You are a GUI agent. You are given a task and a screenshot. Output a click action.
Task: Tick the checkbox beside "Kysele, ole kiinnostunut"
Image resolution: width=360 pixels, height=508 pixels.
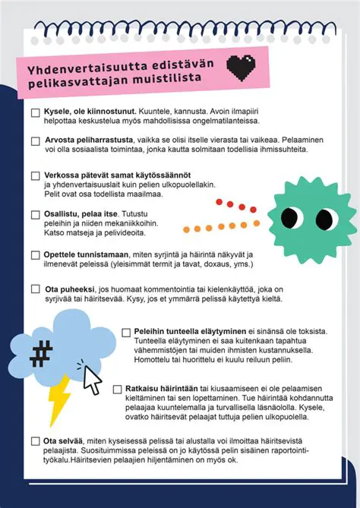pyautogui.click(x=36, y=112)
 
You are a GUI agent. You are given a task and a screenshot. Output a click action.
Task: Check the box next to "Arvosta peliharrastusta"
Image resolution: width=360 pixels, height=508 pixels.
pyautogui.click(x=36, y=141)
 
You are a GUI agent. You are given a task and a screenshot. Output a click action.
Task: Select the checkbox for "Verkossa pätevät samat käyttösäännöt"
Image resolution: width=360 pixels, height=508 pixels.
pyautogui.click(x=36, y=176)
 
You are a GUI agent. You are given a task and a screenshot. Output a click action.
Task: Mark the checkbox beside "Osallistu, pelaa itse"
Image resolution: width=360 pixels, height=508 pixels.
pyautogui.click(x=36, y=215)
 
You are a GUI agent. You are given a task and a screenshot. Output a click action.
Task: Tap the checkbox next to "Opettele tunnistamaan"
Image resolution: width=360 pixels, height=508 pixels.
pyautogui.click(x=36, y=255)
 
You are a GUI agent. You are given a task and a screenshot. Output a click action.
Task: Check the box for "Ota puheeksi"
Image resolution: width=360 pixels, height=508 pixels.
pyautogui.click(x=36, y=289)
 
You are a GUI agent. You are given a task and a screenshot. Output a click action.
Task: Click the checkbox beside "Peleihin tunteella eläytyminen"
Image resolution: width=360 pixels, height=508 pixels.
pyautogui.click(x=126, y=333)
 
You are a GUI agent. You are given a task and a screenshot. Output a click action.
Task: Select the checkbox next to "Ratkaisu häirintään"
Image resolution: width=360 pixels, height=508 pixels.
pyautogui.click(x=118, y=389)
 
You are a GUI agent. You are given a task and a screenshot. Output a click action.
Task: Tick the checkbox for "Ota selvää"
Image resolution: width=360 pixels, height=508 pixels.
pyautogui.click(x=36, y=441)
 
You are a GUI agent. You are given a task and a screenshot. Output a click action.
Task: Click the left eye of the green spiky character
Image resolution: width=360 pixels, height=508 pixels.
pyautogui.click(x=292, y=217)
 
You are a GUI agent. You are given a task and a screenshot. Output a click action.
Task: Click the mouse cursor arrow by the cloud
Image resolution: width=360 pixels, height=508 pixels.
pyautogui.click(x=92, y=380)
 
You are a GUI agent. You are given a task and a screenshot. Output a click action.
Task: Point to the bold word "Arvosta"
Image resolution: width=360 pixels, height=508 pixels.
pyautogui.click(x=62, y=140)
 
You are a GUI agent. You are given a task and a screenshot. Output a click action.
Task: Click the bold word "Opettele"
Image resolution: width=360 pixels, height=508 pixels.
pyautogui.click(x=64, y=254)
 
